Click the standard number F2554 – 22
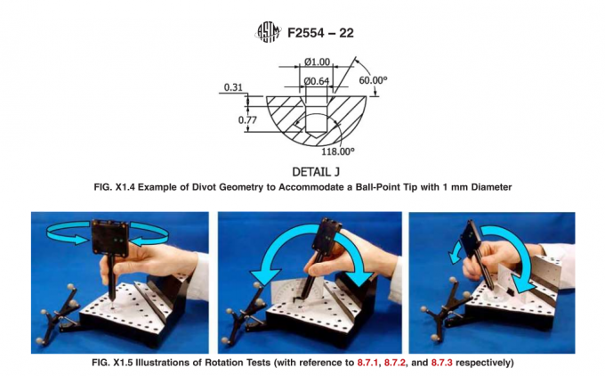point(321,34)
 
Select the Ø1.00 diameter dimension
point(317,62)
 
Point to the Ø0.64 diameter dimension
point(317,81)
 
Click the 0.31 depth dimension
point(234,87)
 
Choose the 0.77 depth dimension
point(234,118)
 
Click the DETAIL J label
point(318,170)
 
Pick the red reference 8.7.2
point(389,364)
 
